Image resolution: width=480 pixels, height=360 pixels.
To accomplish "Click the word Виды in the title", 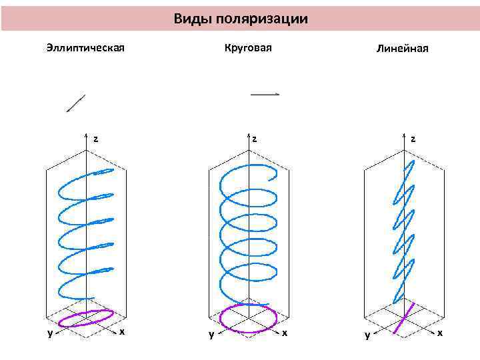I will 191,19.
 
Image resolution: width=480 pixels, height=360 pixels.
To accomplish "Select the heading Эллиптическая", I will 86,48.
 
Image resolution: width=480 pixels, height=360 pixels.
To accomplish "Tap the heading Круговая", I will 248,48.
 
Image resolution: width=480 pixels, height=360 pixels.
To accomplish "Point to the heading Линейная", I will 402,49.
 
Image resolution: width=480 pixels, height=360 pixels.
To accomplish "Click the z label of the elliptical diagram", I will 96,139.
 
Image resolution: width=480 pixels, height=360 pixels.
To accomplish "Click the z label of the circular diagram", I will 255,139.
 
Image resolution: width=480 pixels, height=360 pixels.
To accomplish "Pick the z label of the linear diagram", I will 413,139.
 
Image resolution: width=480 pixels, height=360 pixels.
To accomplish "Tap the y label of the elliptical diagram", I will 50,334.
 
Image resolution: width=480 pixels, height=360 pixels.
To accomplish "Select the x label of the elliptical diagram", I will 121,331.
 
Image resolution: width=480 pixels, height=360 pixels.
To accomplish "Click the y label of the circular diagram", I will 211,335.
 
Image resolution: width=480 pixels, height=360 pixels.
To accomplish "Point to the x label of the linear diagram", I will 440,331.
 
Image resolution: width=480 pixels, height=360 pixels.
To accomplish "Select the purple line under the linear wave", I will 406,317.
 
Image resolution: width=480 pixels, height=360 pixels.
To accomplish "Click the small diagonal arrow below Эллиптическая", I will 76,103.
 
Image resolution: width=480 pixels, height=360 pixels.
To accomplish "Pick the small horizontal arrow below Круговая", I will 265,95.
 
